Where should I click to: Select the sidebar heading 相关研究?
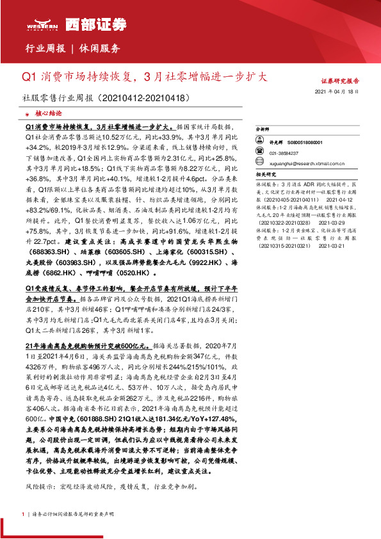click(265, 174)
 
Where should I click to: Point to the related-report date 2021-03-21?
click(332, 246)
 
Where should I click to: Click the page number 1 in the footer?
click(24, 514)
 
